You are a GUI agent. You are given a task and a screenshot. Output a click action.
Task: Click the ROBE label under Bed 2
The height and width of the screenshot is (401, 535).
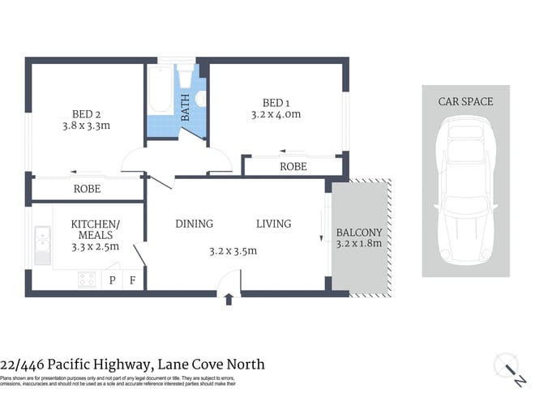pyautogui.click(x=87, y=189)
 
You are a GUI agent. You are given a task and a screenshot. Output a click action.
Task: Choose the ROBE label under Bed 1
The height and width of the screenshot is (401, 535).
pyautogui.click(x=293, y=166)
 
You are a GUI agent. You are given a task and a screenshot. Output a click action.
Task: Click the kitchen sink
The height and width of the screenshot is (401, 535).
pyautogui.click(x=43, y=241)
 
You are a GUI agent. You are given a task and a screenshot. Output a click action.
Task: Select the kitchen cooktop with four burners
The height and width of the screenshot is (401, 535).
pyautogui.click(x=87, y=279)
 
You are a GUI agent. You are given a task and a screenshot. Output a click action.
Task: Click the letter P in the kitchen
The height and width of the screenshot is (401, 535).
pyautogui.click(x=113, y=281)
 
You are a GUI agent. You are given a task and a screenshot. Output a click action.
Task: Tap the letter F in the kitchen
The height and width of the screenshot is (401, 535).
pyautogui.click(x=133, y=281)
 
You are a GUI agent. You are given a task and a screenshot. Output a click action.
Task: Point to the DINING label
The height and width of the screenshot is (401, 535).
pyautogui.click(x=194, y=224)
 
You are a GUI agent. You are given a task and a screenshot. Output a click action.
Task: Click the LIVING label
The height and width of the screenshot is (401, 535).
pyautogui.click(x=273, y=224)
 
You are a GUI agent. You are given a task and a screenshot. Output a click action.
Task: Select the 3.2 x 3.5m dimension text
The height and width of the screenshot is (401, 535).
pyautogui.click(x=233, y=250)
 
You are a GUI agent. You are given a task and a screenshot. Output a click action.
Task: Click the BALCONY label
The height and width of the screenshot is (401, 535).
pyautogui.click(x=359, y=233)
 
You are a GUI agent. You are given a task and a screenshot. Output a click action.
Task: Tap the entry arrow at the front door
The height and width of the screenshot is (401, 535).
pyautogui.click(x=229, y=299)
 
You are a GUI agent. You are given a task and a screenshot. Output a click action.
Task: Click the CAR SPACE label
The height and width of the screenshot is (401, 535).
pyautogui.click(x=465, y=101)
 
